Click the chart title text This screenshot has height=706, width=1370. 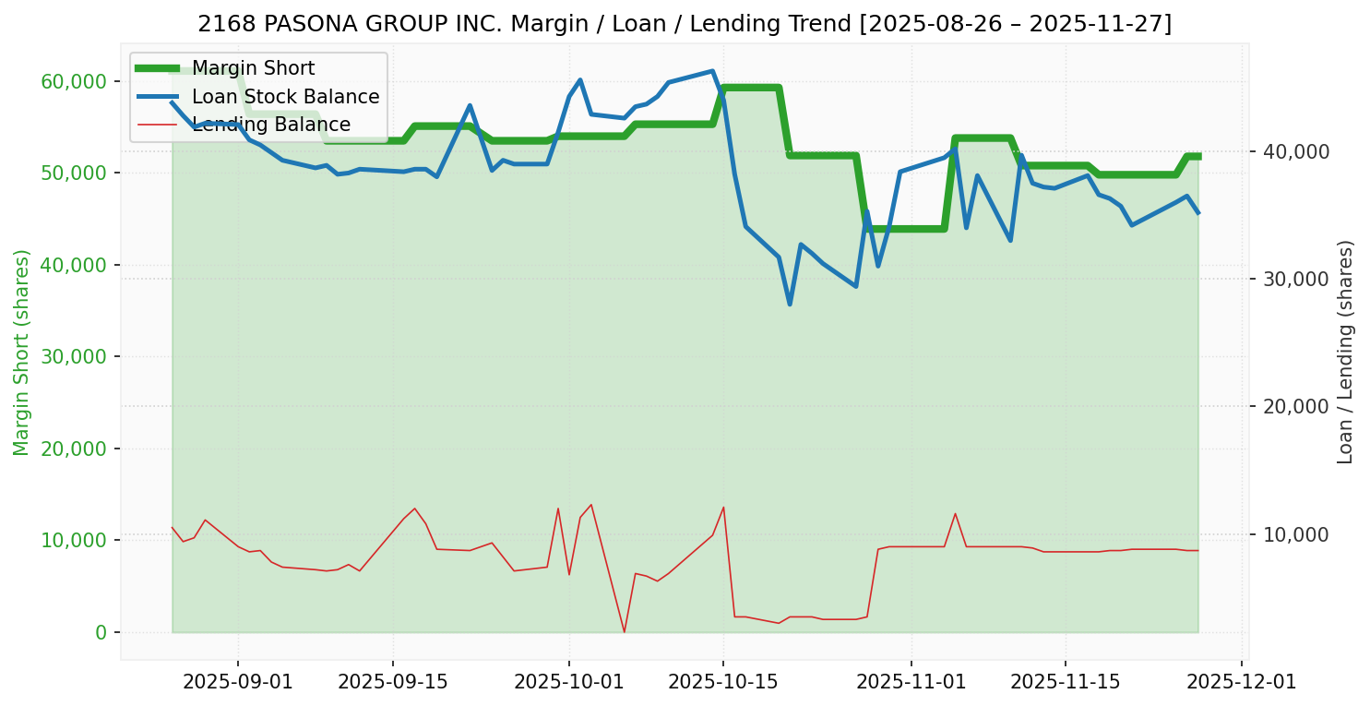point(685,24)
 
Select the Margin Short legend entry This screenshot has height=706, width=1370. point(253,68)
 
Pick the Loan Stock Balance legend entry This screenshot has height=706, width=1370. point(285,97)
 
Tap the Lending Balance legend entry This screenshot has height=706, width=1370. point(270,125)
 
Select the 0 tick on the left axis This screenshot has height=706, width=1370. point(101,632)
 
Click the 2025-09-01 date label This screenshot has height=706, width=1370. point(238,682)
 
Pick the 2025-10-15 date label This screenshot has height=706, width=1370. point(722,682)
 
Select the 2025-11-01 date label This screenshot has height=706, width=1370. point(911,682)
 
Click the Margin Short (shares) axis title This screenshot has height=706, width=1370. point(22,353)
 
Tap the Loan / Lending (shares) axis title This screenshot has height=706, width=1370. point(1346,353)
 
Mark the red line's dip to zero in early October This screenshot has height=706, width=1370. point(625,632)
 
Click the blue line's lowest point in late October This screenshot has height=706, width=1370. point(790,305)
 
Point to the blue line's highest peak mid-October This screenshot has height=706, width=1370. point(711,71)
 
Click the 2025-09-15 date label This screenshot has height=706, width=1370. point(392,682)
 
